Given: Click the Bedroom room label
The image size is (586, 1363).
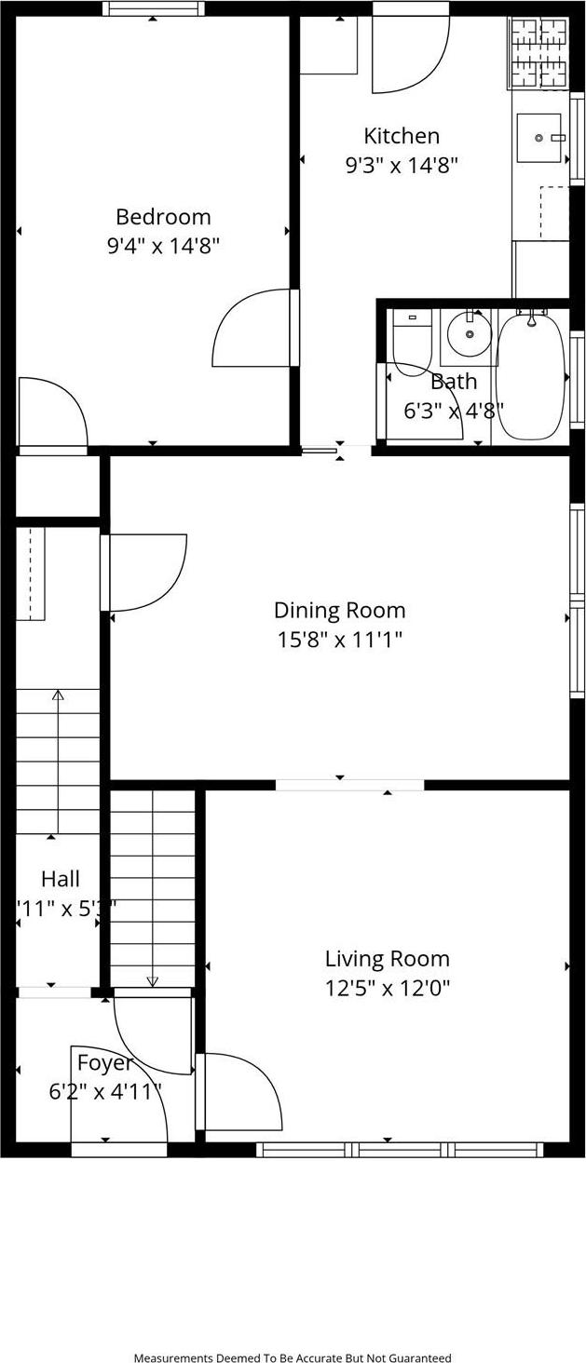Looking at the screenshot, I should (163, 217).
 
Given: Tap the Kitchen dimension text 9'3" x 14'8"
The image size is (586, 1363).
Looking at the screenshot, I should (402, 166).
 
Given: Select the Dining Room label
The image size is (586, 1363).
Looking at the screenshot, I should (339, 611).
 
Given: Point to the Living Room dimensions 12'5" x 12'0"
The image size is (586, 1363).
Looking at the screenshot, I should (387, 988).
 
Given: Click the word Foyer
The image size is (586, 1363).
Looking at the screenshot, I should (104, 1062).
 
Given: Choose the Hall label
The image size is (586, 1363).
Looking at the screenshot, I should (61, 879).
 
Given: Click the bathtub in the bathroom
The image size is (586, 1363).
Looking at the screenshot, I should (530, 377).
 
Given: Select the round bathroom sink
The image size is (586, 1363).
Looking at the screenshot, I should (470, 333).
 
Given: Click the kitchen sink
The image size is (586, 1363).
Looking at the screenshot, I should (539, 138).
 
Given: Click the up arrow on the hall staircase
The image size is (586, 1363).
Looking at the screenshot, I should (58, 695).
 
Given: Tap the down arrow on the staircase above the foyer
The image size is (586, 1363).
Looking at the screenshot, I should (152, 980).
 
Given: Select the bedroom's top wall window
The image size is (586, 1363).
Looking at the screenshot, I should (153, 9).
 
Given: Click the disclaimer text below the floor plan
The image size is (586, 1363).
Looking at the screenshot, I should (293, 1358).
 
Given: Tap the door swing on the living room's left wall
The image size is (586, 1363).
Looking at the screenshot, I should (240, 1089).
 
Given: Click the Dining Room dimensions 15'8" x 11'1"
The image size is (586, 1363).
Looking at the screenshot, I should (339, 640).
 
